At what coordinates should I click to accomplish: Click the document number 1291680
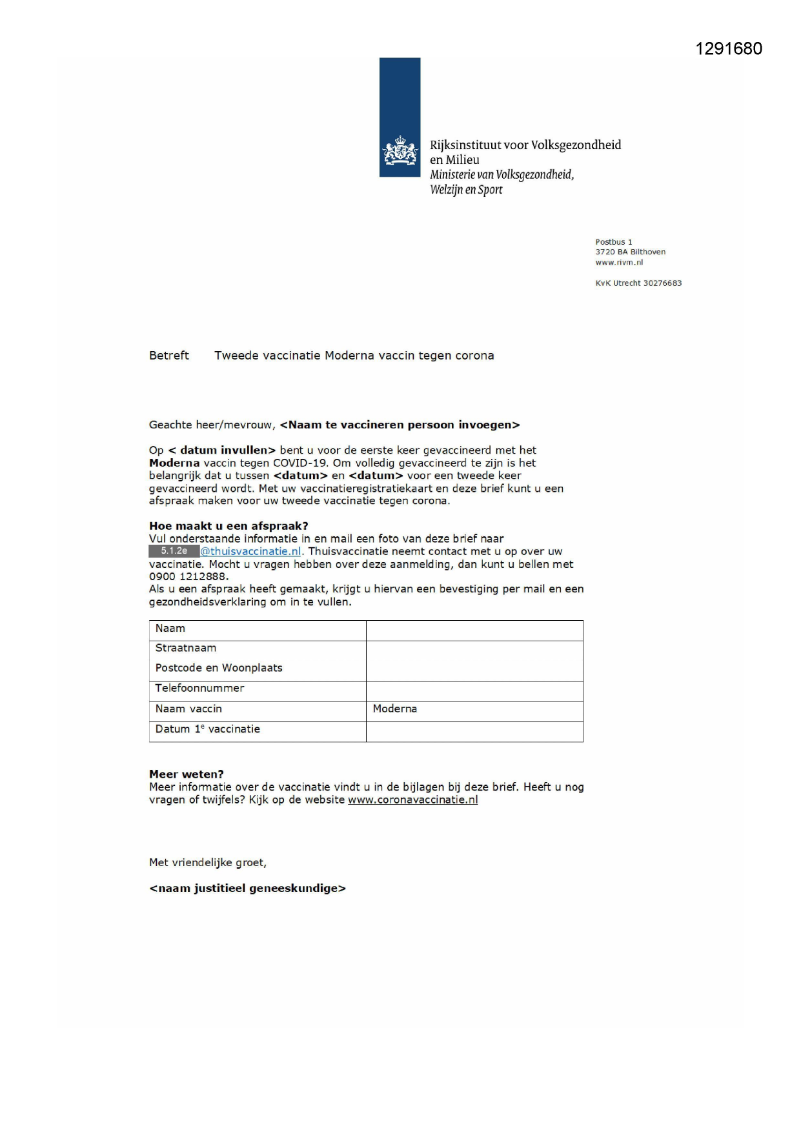pyautogui.click(x=729, y=49)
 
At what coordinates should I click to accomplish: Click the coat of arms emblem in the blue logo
pyautogui.click(x=400, y=152)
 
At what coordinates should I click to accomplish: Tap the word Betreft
pyautogui.click(x=169, y=356)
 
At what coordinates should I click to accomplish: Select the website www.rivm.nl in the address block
pyautogui.click(x=619, y=263)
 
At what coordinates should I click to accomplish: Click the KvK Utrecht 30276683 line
pyautogui.click(x=638, y=283)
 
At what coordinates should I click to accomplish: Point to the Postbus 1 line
pyautogui.click(x=614, y=242)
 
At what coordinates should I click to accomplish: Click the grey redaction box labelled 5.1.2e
pyautogui.click(x=174, y=551)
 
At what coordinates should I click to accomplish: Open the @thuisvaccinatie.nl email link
pyautogui.click(x=251, y=552)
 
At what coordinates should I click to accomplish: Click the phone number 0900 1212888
pyautogui.click(x=187, y=576)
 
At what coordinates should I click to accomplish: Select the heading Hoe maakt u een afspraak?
pyautogui.click(x=228, y=526)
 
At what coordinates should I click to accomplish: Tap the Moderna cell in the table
pyautogui.click(x=395, y=709)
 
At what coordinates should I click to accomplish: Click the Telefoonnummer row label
pyautogui.click(x=199, y=688)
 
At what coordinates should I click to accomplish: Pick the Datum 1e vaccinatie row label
pyautogui.click(x=207, y=729)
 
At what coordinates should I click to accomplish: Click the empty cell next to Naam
pyautogui.click(x=474, y=630)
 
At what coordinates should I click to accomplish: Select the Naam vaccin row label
pyautogui.click(x=188, y=709)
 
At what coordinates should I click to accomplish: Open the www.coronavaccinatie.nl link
pyautogui.click(x=413, y=800)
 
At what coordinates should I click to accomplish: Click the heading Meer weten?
pyautogui.click(x=187, y=774)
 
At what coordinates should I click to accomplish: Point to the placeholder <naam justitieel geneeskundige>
pyautogui.click(x=247, y=889)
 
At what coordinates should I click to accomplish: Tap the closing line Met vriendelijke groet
pyautogui.click(x=208, y=863)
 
